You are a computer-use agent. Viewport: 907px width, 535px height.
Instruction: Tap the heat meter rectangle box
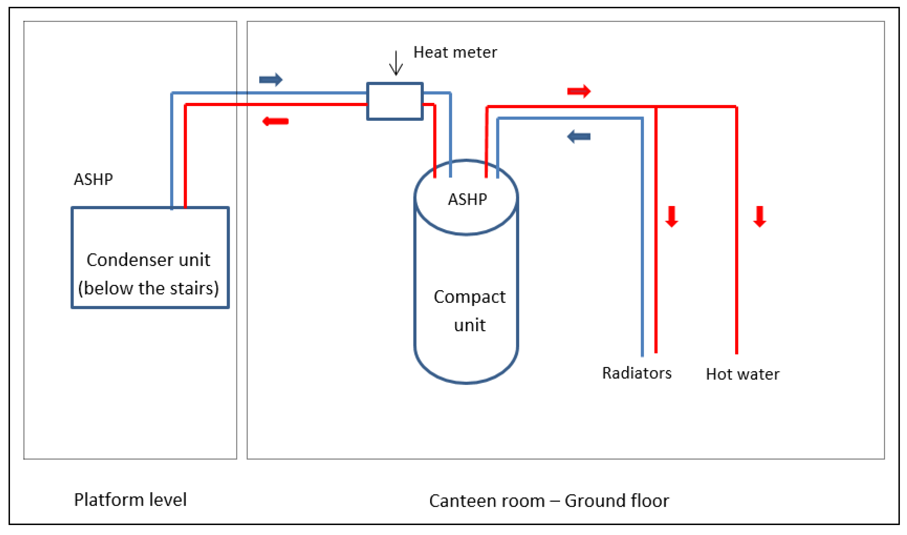(x=395, y=101)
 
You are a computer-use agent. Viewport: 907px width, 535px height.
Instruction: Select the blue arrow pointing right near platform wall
(x=271, y=80)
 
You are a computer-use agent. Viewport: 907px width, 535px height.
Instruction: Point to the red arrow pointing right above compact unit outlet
(x=579, y=91)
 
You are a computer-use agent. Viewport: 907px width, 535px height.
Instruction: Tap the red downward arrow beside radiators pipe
(x=672, y=217)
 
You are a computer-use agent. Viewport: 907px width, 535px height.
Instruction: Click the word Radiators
(x=636, y=373)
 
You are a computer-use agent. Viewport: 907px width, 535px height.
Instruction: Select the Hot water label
(x=743, y=374)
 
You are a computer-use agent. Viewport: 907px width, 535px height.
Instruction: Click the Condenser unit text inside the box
(x=148, y=260)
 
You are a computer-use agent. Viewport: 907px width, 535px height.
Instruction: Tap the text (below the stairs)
(x=149, y=288)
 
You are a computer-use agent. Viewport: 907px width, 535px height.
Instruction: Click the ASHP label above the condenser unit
(x=93, y=180)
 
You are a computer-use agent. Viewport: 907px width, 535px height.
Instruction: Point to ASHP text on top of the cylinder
(x=467, y=199)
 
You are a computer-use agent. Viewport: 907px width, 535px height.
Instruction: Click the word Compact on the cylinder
(x=469, y=297)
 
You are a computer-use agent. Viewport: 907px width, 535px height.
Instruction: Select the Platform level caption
(x=130, y=500)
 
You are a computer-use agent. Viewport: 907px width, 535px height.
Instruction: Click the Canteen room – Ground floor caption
(x=549, y=501)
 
